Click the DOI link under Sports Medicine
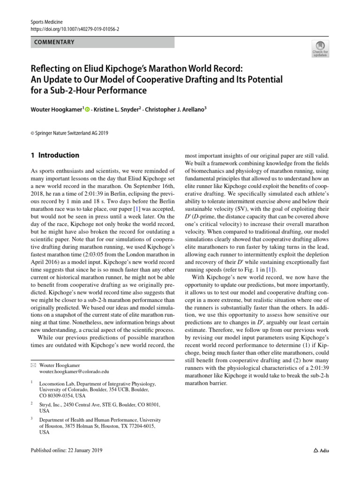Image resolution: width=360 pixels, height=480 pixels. point(75,29)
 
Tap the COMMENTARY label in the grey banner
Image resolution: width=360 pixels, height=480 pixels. point(54,42)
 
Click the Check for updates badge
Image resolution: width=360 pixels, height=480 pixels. point(320,49)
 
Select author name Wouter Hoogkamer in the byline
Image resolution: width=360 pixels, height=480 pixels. point(56,109)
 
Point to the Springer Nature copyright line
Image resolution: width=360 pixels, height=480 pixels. point(69,133)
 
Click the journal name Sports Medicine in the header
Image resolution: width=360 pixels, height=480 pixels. point(46,22)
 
